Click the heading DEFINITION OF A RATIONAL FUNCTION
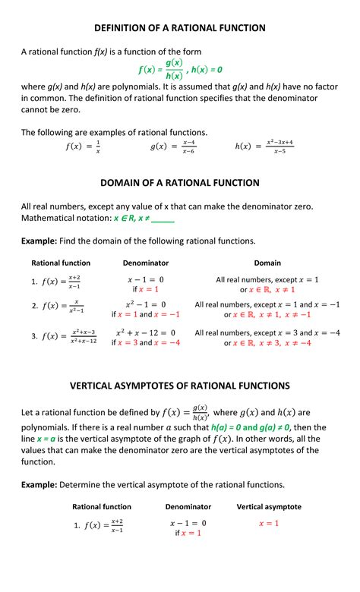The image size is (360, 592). pyautogui.click(x=180, y=28)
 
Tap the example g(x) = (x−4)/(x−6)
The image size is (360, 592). pyautogui.click(x=173, y=146)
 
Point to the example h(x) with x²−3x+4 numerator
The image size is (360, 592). pyautogui.click(x=264, y=146)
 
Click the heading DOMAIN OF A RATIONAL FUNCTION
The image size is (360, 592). pyautogui.click(x=180, y=183)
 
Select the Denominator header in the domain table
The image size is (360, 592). pyautogui.click(x=146, y=263)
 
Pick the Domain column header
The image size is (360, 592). pyautogui.click(x=267, y=263)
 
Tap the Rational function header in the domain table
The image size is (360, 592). pyautogui.click(x=61, y=263)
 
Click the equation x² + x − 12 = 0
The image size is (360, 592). pyautogui.click(x=146, y=332)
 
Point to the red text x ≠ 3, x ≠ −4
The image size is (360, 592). pyautogui.click(x=283, y=343)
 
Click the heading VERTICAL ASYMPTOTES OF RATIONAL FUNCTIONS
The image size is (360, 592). pyautogui.click(x=180, y=386)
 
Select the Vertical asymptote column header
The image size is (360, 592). pyautogui.click(x=269, y=506)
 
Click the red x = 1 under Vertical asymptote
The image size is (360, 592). pyautogui.click(x=269, y=524)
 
